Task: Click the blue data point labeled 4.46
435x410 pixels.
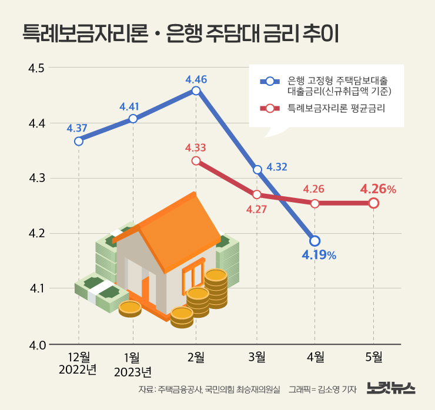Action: click(196, 90)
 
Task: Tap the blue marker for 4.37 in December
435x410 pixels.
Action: click(79, 141)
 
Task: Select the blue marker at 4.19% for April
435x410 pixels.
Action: click(314, 241)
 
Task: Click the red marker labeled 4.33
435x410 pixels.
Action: click(196, 160)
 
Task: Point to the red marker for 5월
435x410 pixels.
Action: click(373, 203)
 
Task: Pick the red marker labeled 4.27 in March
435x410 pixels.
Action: click(257, 194)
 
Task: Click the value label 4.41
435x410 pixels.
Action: click(129, 106)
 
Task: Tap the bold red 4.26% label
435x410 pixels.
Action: click(378, 189)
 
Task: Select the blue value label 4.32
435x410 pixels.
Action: click(276, 167)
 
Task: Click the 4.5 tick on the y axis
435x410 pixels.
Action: click(37, 68)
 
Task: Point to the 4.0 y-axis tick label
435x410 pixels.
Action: click(37, 344)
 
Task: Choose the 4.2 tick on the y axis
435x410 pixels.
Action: click(37, 234)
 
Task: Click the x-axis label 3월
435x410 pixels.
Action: click(257, 357)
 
